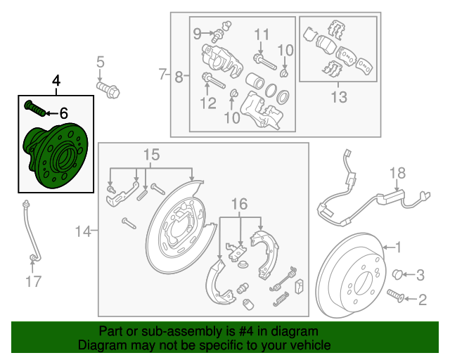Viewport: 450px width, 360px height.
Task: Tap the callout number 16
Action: tap(240, 204)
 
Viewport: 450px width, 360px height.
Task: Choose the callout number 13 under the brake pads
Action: tap(339, 97)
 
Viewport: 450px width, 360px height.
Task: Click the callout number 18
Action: tap(398, 173)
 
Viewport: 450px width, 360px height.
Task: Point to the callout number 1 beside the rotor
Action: tap(398, 247)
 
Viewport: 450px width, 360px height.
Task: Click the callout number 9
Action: tap(197, 32)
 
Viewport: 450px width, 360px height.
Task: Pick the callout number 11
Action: tap(262, 34)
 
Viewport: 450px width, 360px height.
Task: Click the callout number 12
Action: tap(207, 105)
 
